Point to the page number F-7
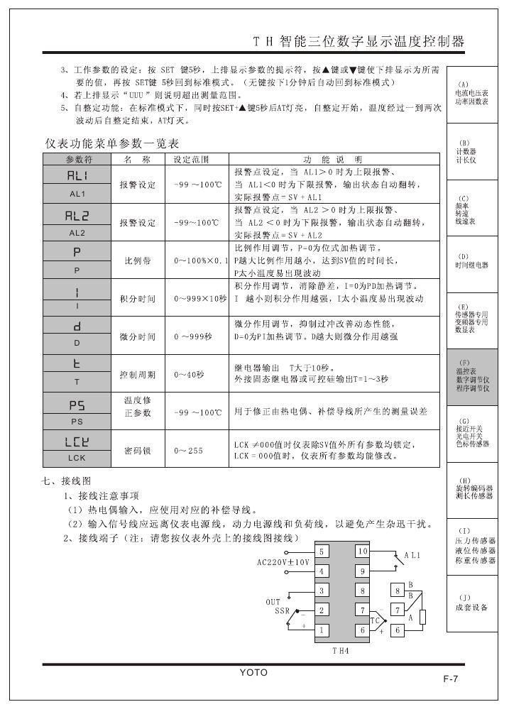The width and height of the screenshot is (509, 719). point(450,679)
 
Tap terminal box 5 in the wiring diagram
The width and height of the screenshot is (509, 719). point(322,551)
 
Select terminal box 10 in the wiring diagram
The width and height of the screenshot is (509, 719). point(362,551)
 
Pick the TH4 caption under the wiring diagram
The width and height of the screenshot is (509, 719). point(341,650)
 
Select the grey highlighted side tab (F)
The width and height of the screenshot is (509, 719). point(472,376)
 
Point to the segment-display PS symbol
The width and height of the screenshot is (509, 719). point(77,405)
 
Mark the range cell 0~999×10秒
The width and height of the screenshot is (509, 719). point(197,299)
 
